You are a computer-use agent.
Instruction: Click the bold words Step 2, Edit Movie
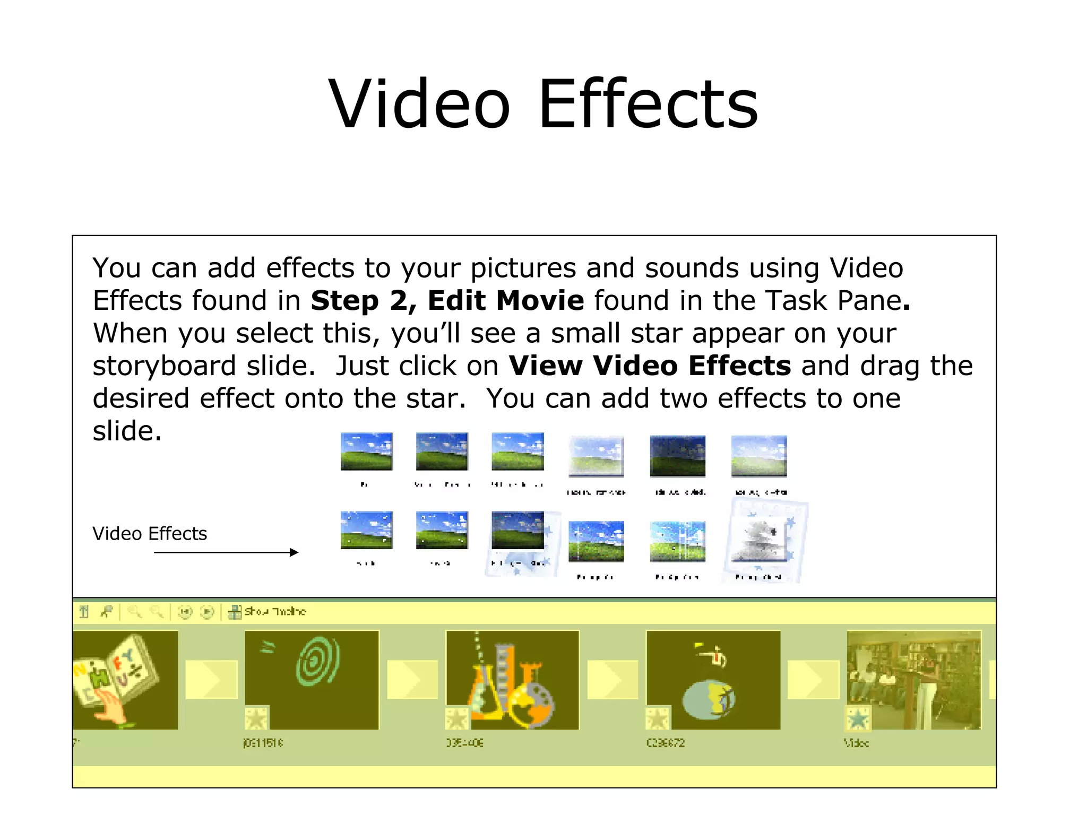pos(447,301)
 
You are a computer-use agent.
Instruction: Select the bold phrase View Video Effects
pos(649,366)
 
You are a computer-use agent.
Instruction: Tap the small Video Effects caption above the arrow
pos(150,533)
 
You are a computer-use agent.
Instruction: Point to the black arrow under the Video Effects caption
pos(226,552)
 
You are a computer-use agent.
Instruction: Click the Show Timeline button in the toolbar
pos(268,612)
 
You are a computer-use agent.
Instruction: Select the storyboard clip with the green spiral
pos(312,679)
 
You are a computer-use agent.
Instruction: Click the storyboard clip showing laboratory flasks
pos(512,679)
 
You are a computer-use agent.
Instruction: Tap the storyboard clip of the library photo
pos(914,679)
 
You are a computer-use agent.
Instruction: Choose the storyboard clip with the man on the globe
pos(713,679)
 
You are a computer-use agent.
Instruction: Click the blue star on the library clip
pos(858,718)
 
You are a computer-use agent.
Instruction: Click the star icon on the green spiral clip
pos(256,718)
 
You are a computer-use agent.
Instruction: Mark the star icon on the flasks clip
pos(456,718)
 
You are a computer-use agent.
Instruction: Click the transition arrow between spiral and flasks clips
pos(412,679)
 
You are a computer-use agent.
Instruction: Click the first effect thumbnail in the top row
pos(366,452)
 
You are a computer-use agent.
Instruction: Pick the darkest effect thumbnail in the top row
pos(677,456)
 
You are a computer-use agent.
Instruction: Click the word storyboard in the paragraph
pos(164,366)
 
